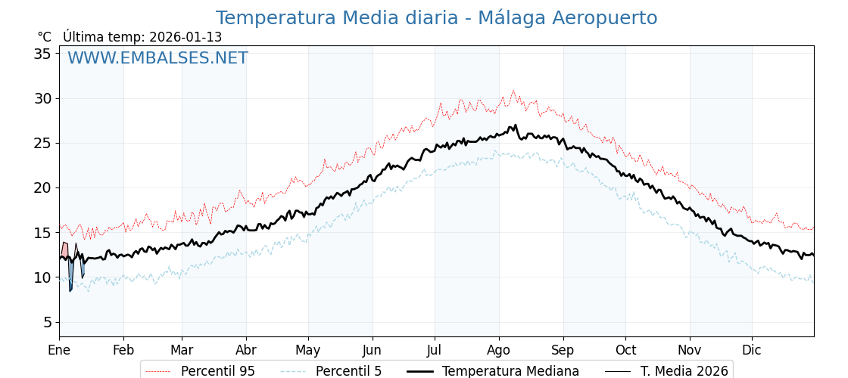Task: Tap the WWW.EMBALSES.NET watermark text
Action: click(x=157, y=58)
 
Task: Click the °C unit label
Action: click(x=44, y=37)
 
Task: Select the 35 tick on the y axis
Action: click(x=42, y=54)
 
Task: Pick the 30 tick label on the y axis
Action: click(x=42, y=98)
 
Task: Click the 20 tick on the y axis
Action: click(x=42, y=187)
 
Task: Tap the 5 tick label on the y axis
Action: click(x=47, y=322)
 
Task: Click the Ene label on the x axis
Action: click(x=59, y=350)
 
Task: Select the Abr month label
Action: click(x=246, y=350)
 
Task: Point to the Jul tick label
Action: click(x=435, y=350)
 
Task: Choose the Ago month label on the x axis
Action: click(x=498, y=350)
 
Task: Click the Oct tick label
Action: click(x=625, y=350)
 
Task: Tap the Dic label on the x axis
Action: click(x=752, y=350)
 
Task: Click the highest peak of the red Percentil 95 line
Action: click(x=513, y=91)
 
